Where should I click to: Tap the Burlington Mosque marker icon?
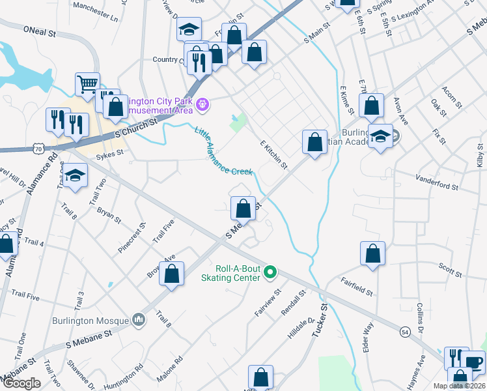138,319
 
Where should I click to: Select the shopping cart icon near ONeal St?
87,83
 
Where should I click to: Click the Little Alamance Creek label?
223,151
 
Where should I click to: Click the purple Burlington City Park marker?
202,103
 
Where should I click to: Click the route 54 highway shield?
405,333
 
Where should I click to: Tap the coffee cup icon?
474,362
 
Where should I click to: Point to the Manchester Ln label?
96,12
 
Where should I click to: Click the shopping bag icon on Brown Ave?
171,274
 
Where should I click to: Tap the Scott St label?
449,268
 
